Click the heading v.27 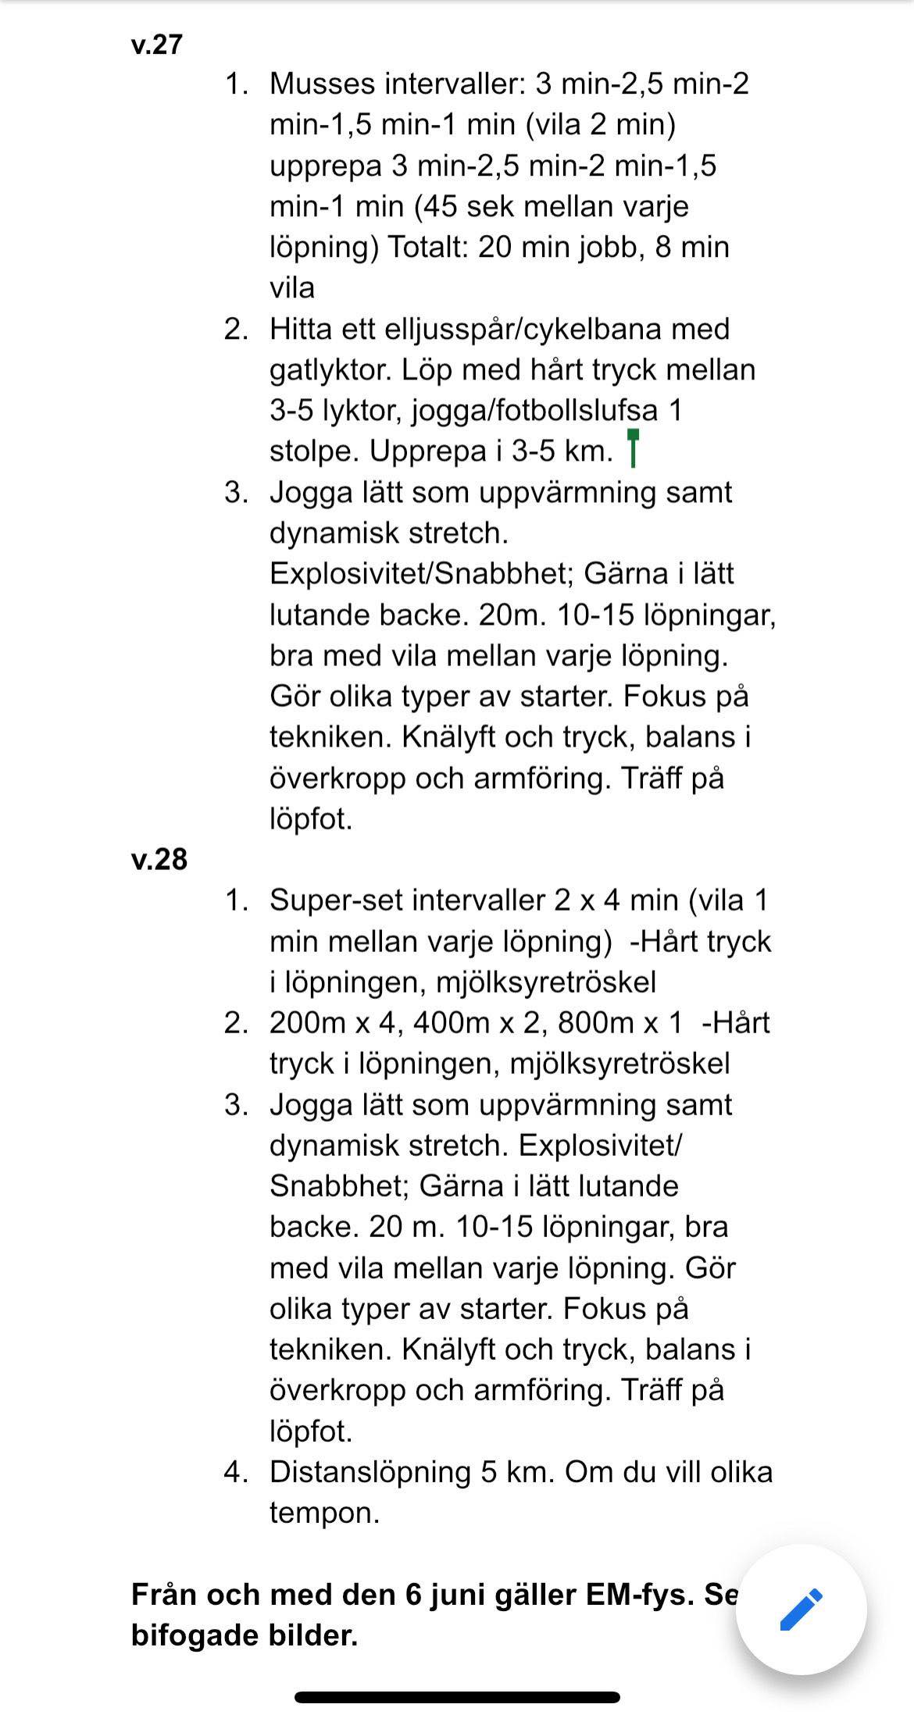156,45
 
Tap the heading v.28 159,859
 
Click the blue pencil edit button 801,1609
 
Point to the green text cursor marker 633,447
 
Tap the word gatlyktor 330,369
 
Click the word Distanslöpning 370,1472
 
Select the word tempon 324,1513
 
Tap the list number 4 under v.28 236,1472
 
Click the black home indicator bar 457,1697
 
